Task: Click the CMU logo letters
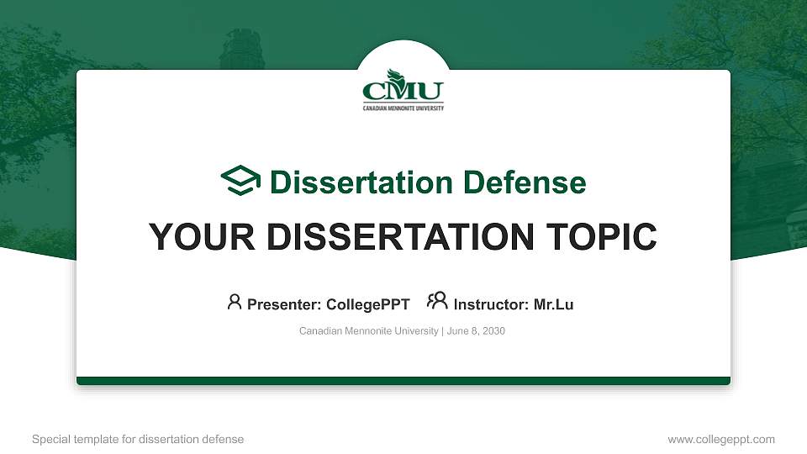coord(403,91)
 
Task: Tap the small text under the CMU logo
coord(403,108)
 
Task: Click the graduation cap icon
coord(240,180)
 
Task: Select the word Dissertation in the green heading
coord(361,182)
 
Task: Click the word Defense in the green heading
coord(525,182)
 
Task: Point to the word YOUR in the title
coord(202,237)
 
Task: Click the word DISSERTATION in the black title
coord(400,237)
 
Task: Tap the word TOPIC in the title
coord(601,237)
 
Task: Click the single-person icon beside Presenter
coord(235,302)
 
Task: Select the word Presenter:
coord(284,304)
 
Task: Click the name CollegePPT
coord(368,304)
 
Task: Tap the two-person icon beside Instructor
coord(437,301)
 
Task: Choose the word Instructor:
coord(491,304)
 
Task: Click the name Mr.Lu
coord(553,304)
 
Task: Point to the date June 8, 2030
coord(476,331)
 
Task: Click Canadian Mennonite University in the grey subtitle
coord(368,331)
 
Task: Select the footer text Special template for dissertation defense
coord(138,439)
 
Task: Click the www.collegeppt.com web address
coord(721,440)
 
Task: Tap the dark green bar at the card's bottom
coord(403,381)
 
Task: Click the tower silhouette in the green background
coord(241,50)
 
